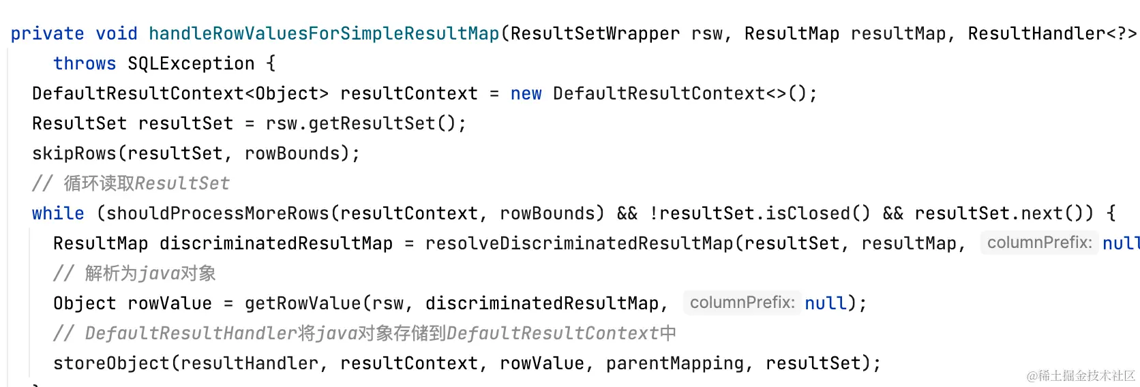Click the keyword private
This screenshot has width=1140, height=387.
click(47, 33)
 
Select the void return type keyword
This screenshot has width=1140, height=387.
click(116, 33)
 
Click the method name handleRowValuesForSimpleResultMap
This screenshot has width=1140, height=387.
click(324, 33)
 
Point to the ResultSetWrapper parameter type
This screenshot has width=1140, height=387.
click(595, 33)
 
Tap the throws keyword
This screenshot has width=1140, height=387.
click(85, 63)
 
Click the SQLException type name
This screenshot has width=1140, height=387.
click(191, 63)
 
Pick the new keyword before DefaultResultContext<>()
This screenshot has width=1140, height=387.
click(526, 93)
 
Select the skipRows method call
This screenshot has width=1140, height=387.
click(74, 153)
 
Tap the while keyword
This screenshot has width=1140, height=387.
click(58, 213)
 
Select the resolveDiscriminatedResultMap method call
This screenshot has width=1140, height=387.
click(579, 243)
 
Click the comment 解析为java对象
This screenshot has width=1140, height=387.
click(134, 273)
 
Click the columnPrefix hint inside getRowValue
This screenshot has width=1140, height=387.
click(742, 303)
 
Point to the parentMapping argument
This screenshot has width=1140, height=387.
click(674, 363)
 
